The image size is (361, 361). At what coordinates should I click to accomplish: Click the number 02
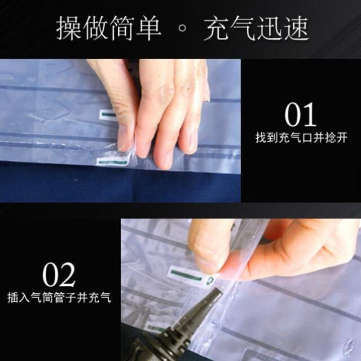(x=59, y=276)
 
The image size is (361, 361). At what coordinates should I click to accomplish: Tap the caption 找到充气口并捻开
(x=301, y=138)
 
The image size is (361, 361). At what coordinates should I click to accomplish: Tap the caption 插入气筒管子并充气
(x=59, y=297)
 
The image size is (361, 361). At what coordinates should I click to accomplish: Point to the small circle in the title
(x=183, y=29)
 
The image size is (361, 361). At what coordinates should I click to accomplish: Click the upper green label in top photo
(x=108, y=115)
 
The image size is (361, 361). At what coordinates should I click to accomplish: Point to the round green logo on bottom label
(x=211, y=280)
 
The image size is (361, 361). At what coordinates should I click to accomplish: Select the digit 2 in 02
(x=67, y=276)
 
